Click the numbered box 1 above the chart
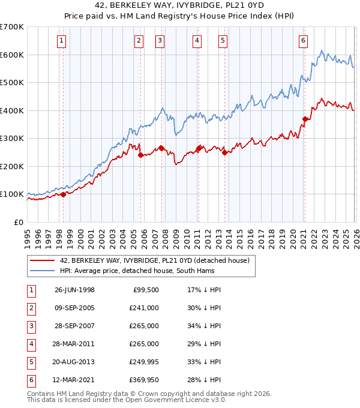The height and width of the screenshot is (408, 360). click(x=63, y=41)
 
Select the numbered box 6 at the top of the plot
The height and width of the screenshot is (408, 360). click(x=303, y=41)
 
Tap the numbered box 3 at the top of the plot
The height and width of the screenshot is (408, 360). click(x=160, y=41)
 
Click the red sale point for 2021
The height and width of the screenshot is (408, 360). click(x=305, y=119)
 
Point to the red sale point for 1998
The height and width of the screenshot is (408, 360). click(x=63, y=194)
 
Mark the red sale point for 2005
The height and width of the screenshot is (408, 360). click(x=140, y=155)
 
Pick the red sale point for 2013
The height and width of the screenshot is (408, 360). click(x=224, y=152)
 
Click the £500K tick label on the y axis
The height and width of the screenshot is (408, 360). click(x=12, y=83)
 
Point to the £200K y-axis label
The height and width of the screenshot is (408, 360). click(x=12, y=166)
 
